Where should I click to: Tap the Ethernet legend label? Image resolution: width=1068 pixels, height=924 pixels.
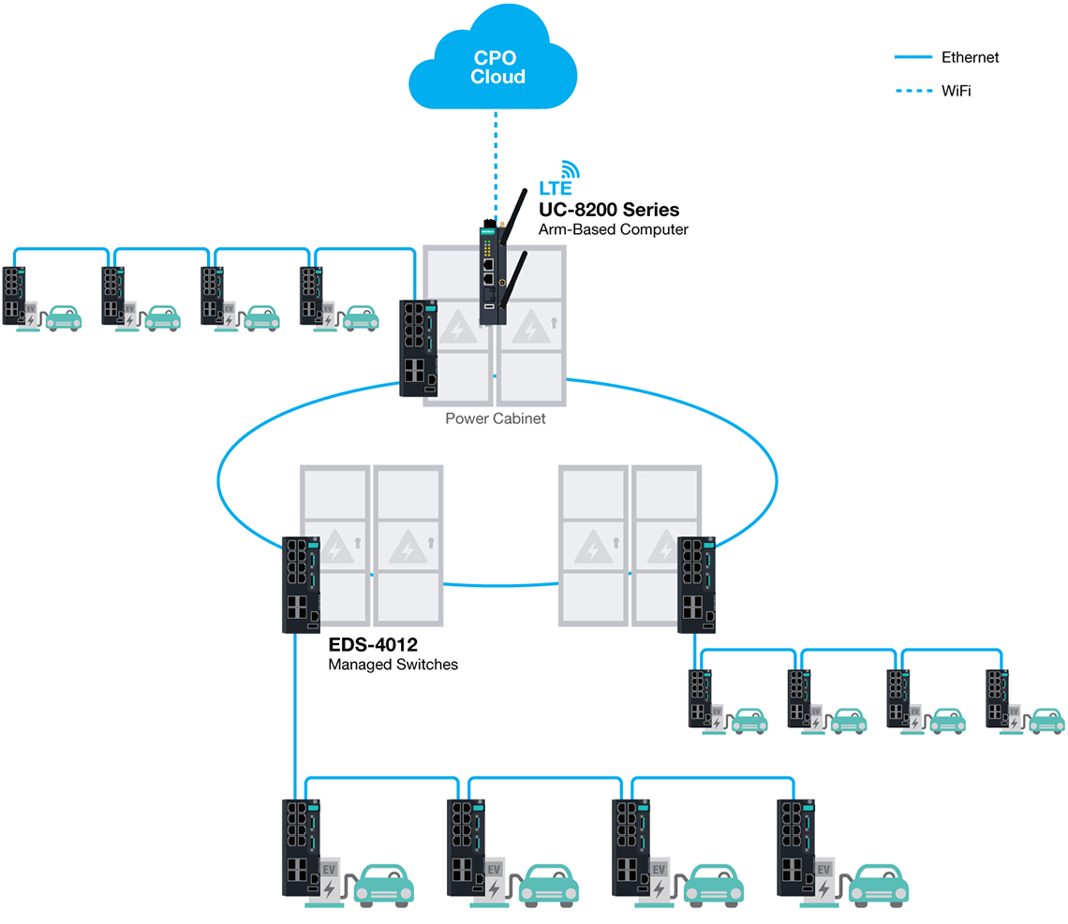(970, 57)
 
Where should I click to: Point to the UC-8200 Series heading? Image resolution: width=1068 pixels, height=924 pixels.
(608, 209)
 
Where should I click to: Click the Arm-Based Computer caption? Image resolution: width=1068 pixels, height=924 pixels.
(613, 229)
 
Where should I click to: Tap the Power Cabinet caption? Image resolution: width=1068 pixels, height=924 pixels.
(495, 418)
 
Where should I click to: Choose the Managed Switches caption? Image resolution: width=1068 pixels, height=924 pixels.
(393, 666)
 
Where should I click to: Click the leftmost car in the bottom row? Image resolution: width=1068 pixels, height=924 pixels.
(385, 885)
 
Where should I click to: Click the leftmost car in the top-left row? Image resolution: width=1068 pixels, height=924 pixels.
(64, 316)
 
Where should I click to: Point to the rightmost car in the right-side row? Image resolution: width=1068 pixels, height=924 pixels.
(1046, 720)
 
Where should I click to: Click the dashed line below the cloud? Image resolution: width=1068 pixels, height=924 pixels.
(497, 159)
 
